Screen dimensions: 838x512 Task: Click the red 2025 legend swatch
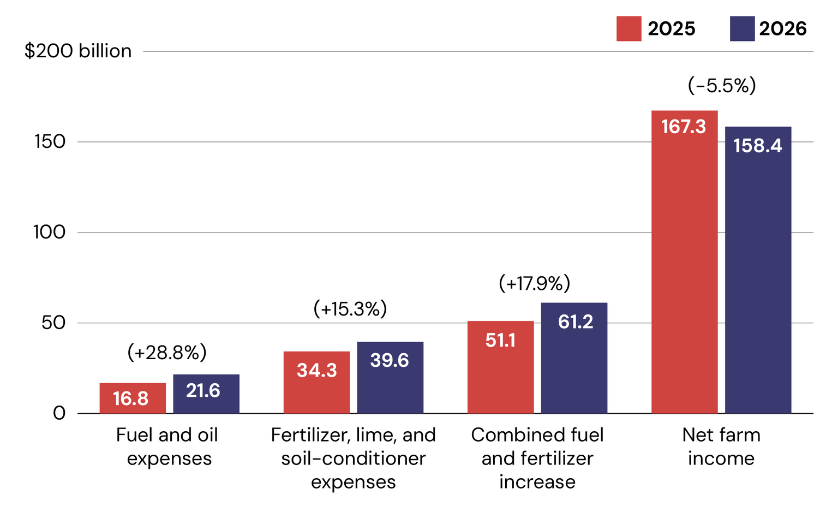(629, 28)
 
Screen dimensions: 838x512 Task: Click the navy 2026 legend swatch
(742, 28)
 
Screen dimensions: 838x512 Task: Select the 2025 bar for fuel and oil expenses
(133, 398)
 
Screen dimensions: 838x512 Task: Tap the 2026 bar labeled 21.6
(206, 394)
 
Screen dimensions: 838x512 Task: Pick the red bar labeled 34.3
(316, 383)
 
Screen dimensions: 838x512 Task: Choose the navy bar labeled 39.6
(390, 378)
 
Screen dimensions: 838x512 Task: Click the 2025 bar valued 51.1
(500, 367)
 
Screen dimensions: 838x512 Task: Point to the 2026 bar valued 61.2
(574, 358)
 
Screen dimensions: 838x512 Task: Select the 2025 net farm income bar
(685, 262)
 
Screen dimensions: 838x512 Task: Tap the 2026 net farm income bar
(758, 270)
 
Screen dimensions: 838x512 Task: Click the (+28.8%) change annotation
(167, 352)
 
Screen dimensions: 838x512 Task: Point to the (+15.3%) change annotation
(350, 309)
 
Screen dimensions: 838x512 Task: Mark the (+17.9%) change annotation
(535, 283)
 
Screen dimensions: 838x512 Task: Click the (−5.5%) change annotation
(722, 85)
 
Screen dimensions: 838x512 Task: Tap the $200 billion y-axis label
(78, 51)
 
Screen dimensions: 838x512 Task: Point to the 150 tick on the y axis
(50, 142)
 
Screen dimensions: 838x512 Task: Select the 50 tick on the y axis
(53, 323)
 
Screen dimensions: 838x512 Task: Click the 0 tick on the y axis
(59, 414)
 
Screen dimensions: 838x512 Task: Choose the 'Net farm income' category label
(721, 446)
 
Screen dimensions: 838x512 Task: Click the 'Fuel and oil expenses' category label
(167, 447)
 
